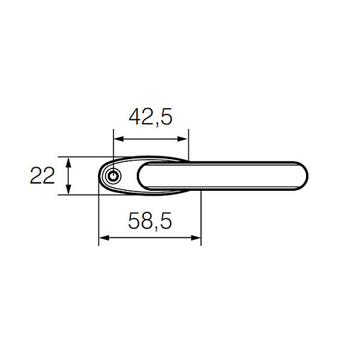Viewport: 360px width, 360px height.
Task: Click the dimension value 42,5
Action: click(150, 117)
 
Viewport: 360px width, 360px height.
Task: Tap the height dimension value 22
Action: click(42, 175)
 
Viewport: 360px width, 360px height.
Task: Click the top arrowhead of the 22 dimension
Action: click(68, 161)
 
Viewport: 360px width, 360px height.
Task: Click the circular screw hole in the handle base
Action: click(112, 176)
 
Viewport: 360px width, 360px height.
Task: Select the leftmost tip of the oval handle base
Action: click(99, 176)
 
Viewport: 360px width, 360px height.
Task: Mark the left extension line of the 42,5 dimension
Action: click(114, 148)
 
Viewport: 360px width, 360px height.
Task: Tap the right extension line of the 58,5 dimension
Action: click(201, 216)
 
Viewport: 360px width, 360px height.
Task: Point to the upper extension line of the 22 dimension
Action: click(83, 156)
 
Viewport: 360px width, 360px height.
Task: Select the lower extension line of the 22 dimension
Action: click(83, 194)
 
